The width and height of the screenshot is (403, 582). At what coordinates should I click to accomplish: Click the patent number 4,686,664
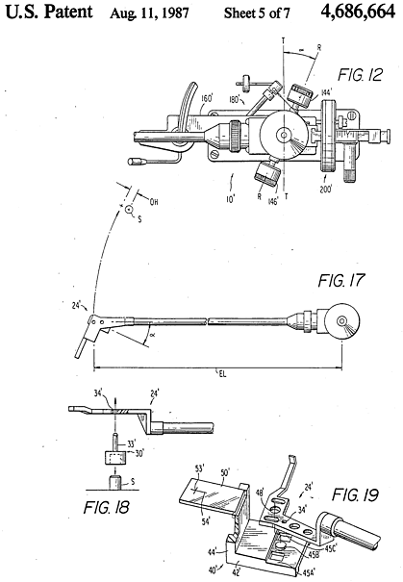[358, 12]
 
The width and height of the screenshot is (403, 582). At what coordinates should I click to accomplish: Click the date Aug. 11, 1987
[149, 13]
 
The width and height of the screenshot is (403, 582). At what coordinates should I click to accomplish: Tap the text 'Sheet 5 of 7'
[257, 13]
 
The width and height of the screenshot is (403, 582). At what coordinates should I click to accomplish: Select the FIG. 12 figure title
[360, 75]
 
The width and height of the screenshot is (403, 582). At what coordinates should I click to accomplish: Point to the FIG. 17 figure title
[341, 280]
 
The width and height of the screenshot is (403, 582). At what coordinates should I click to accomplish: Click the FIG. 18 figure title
[106, 507]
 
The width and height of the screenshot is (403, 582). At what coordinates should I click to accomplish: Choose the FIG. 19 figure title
[355, 494]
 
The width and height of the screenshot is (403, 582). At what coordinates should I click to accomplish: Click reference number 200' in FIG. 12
[326, 190]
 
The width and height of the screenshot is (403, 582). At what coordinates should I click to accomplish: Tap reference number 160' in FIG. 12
[207, 98]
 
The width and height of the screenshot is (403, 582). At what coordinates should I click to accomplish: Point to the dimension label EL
[222, 373]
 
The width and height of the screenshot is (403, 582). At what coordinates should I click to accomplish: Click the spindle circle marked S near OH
[128, 210]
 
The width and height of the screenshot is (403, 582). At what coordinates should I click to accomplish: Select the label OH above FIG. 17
[154, 202]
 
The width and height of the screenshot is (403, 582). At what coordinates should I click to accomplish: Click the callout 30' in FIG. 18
[139, 453]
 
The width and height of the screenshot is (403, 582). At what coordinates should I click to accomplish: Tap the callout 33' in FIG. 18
[131, 443]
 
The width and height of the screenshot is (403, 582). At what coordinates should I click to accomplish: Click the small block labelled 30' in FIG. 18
[114, 458]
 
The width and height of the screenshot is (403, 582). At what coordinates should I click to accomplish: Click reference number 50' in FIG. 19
[225, 473]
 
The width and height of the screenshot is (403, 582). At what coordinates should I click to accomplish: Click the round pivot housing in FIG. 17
[342, 320]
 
